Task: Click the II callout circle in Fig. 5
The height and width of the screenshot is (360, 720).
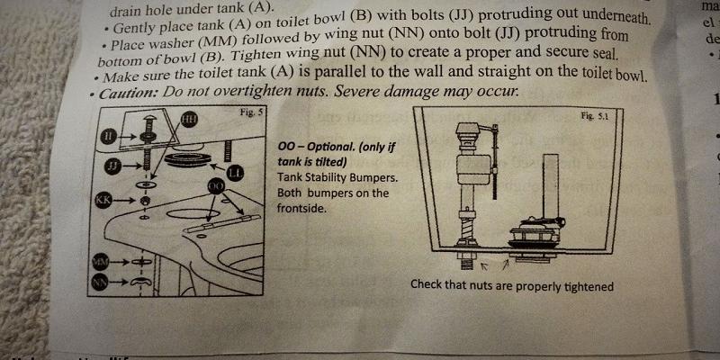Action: [x=109, y=135]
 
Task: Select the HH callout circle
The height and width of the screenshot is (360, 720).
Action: [x=189, y=119]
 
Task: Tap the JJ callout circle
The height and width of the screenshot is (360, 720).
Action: [x=112, y=166]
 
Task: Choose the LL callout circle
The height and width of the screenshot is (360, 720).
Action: [x=235, y=171]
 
